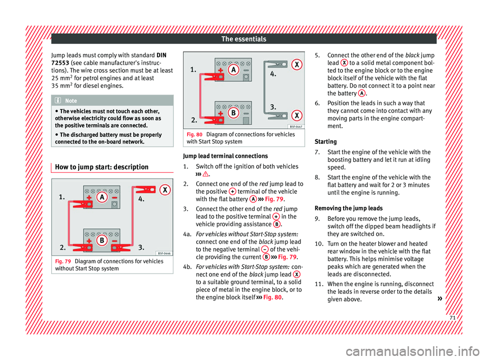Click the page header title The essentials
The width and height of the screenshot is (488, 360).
tap(244, 39)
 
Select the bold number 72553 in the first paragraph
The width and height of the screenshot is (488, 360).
tap(62, 62)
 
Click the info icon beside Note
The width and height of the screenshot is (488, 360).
tap(60, 101)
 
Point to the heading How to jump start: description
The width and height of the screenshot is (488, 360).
tap(100, 167)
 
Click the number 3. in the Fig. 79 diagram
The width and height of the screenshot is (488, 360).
tap(143, 248)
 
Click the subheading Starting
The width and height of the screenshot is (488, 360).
tap(325, 142)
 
